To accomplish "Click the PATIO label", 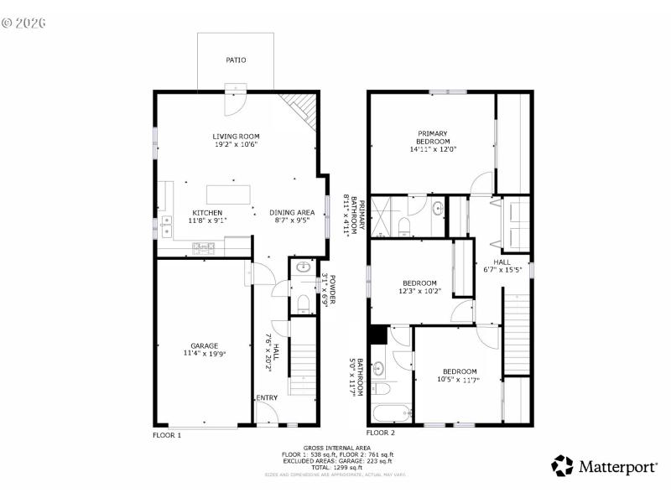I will coord(235,60).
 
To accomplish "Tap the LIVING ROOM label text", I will coord(235,136).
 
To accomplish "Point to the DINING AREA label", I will coord(292,213).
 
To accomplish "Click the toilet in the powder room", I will coord(302,303).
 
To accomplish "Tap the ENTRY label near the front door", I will coord(266,398).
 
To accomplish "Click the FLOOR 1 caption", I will coord(166,434).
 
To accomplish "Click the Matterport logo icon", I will coord(563,465).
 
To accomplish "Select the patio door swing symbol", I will coord(237,100).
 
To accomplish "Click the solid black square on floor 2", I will coord(377,334).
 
